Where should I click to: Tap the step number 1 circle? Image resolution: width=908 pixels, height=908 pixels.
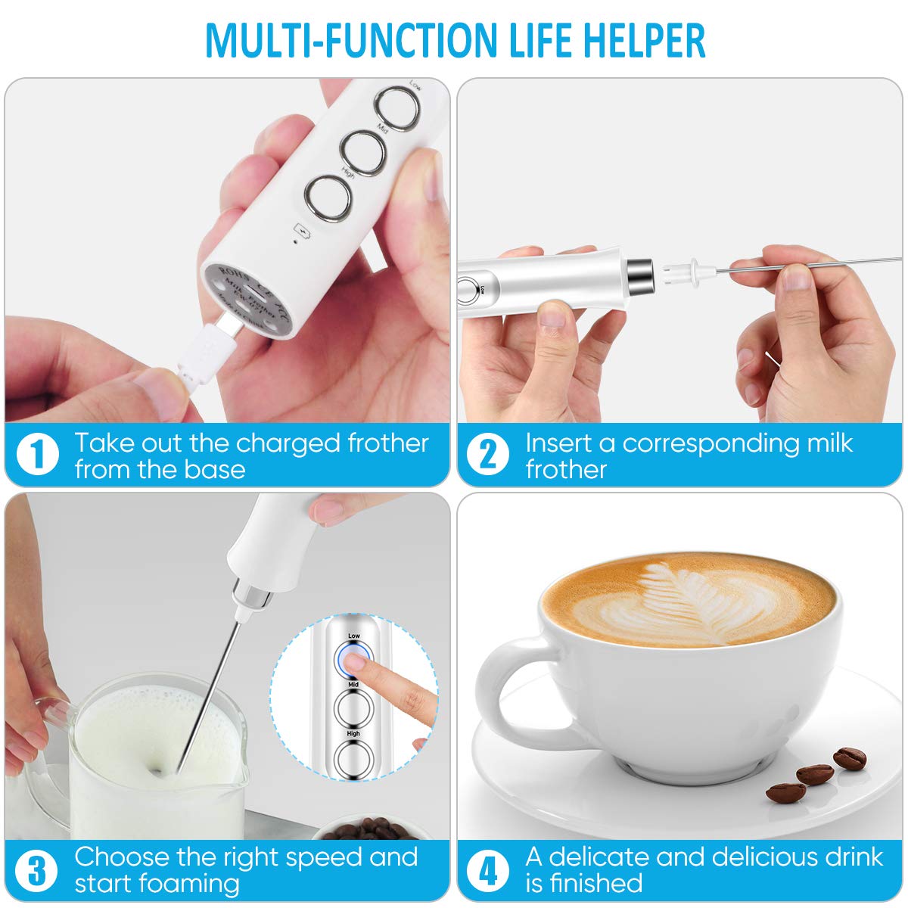click(x=36, y=456)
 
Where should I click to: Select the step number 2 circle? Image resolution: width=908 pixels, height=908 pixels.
click(x=488, y=456)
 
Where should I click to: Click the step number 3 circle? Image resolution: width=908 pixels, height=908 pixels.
click(x=36, y=869)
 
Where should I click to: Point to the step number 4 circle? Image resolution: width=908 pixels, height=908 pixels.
click(x=488, y=869)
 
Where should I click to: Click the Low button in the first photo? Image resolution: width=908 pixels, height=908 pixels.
click(x=398, y=108)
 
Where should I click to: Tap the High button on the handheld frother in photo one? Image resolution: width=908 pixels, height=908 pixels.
click(x=328, y=198)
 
